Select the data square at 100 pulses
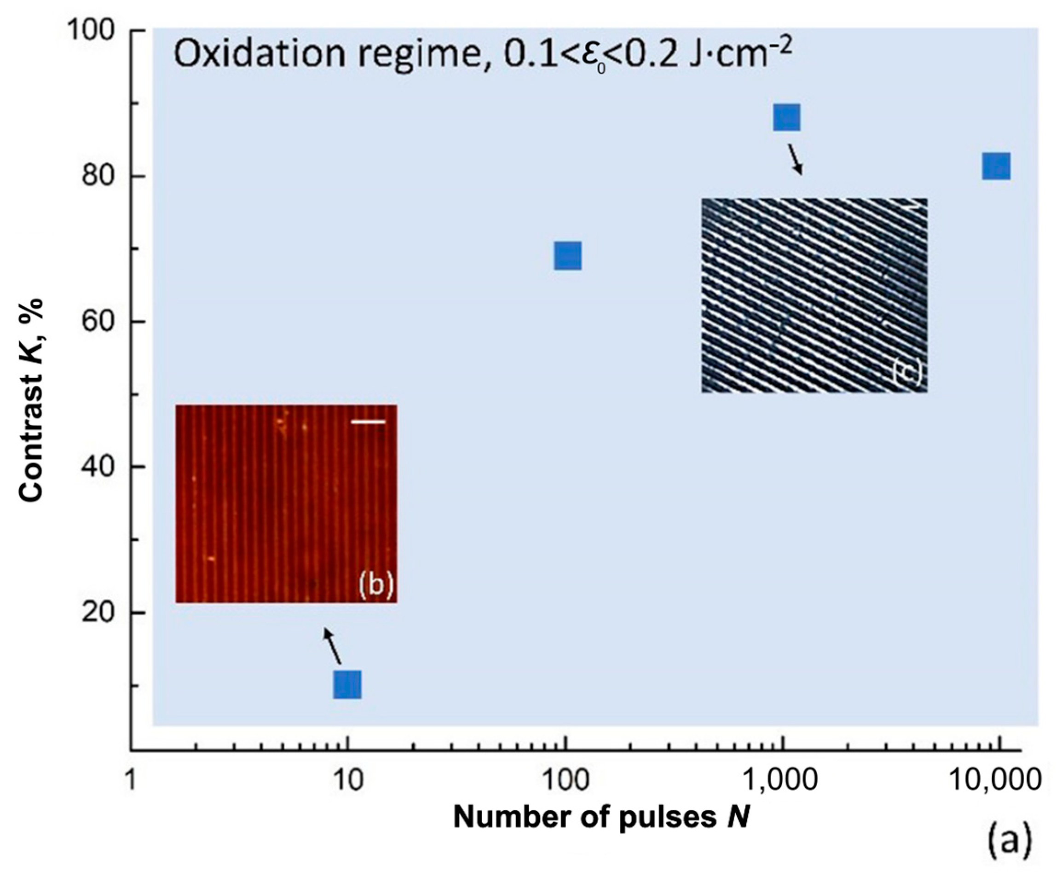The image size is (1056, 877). (x=568, y=255)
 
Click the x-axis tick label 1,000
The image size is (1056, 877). (x=781, y=780)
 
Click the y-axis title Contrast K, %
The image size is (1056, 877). (x=31, y=400)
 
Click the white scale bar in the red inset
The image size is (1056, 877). (x=368, y=421)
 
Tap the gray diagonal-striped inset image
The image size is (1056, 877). (x=814, y=295)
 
